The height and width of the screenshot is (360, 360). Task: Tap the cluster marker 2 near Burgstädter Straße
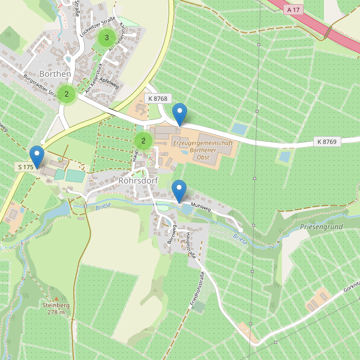67,94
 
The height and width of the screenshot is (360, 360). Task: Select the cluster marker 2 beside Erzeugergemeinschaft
143,141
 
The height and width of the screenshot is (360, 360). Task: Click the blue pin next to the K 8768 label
179,114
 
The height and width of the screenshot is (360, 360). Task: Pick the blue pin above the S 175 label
37,156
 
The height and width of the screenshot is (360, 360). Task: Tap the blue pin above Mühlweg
179,190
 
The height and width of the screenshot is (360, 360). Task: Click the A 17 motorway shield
293,10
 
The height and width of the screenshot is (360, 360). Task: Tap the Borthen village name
55,74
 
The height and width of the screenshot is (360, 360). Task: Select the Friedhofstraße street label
197,290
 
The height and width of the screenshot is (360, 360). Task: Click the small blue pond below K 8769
284,157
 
